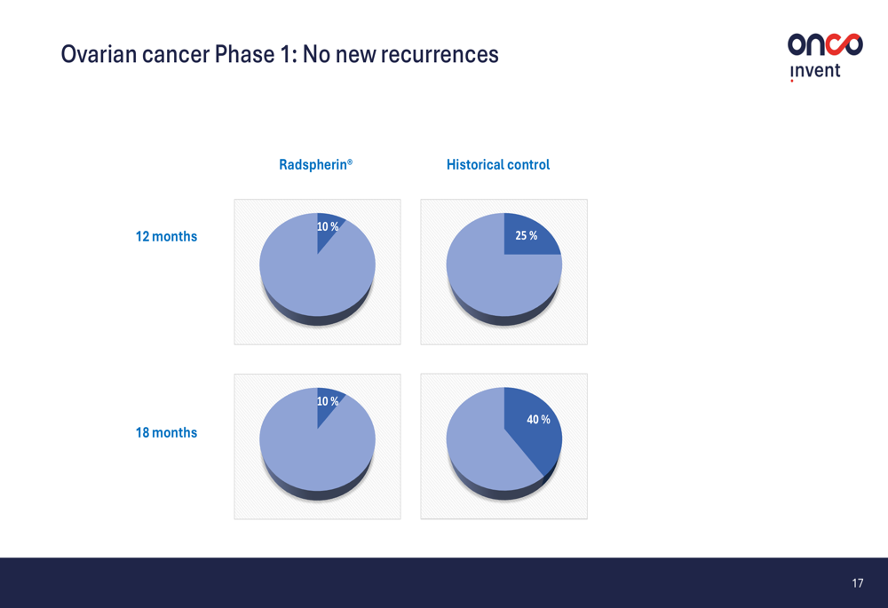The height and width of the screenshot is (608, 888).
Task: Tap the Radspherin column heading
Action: [315, 165]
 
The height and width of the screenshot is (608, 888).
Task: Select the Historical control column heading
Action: [498, 165]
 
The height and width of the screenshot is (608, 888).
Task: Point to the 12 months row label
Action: [166, 237]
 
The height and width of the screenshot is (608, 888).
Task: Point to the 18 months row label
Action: [166, 432]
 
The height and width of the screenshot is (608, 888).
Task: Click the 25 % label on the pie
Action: [526, 235]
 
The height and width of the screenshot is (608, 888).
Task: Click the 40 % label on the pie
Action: [539, 420]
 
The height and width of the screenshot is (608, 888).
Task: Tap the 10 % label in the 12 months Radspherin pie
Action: [328, 226]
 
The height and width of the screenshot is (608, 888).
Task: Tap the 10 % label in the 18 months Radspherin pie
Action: [328, 401]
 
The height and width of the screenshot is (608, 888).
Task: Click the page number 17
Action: [858, 583]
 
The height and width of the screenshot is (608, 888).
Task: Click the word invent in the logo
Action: [815, 71]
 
